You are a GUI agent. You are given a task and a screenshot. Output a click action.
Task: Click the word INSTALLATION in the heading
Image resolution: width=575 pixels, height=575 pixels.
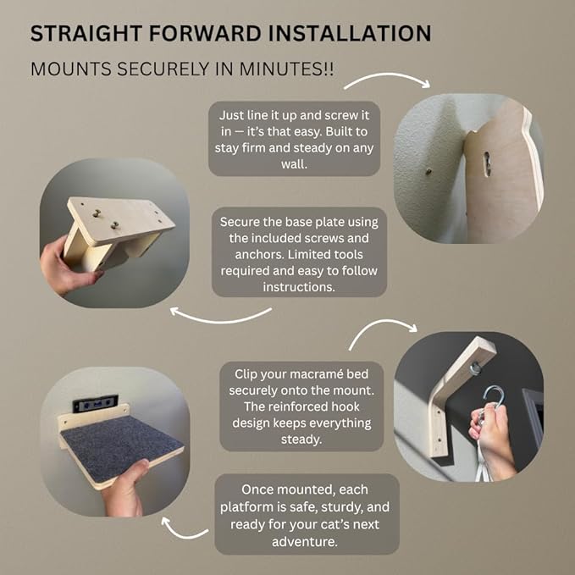[350, 33]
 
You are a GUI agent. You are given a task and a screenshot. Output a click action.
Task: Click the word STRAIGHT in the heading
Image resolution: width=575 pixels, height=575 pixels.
[86, 33]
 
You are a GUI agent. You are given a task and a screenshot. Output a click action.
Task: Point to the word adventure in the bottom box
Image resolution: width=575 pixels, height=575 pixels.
[304, 542]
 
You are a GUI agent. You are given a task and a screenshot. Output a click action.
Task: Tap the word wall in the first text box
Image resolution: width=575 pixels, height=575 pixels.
[294, 164]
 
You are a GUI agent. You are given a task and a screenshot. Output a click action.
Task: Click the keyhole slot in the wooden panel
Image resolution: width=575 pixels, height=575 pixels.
[487, 163]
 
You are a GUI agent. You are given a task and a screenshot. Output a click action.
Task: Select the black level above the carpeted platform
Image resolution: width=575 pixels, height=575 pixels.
[96, 403]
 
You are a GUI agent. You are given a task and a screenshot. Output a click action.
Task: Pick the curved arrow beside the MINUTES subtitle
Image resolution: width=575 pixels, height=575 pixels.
[387, 80]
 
